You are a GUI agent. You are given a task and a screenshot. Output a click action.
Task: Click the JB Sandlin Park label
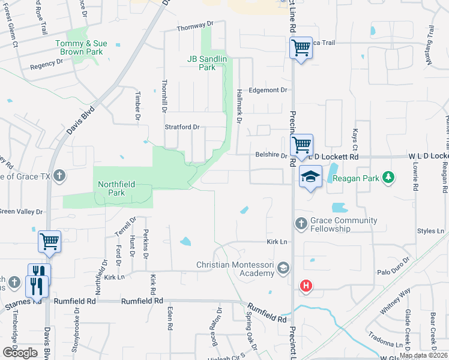201,63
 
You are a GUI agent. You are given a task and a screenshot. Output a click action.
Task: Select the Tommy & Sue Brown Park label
79,47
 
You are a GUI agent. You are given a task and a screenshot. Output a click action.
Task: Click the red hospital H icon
306,286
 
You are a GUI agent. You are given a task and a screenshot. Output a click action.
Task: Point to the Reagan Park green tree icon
389,176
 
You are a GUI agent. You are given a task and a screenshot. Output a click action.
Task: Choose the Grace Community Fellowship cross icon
301,224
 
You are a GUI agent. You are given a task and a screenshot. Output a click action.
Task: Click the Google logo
20,353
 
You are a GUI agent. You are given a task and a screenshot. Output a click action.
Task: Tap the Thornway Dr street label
195,28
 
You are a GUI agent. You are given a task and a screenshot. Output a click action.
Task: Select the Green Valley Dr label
22,212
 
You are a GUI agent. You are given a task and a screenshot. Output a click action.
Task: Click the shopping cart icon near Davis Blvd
49,242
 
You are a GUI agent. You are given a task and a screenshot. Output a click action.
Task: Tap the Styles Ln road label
430,231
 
